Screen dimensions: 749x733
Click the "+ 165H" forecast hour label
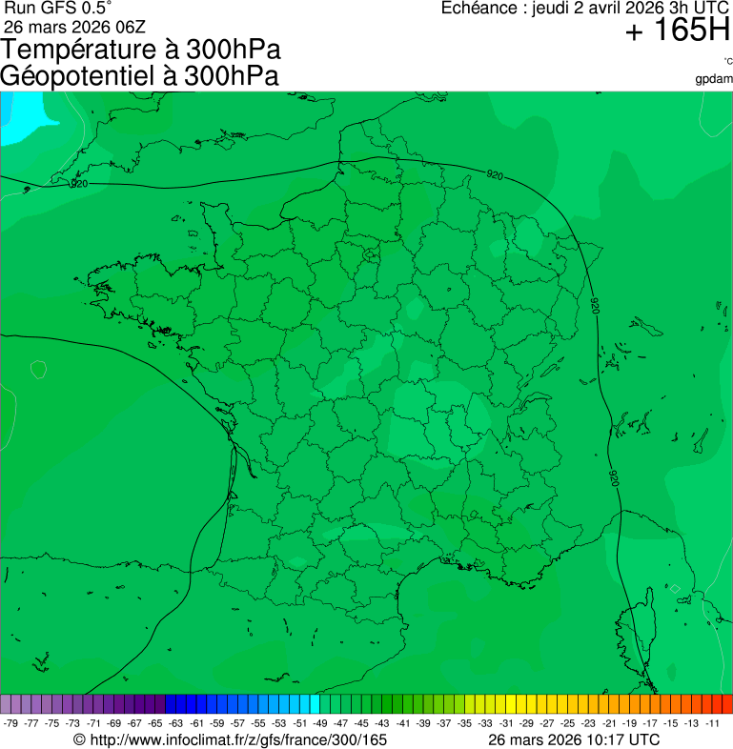(x=677, y=31)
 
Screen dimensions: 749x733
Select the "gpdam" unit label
(x=714, y=78)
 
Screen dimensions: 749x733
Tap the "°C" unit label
(x=727, y=61)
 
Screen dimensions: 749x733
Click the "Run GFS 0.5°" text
(x=58, y=9)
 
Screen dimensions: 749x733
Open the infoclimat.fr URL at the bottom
(x=238, y=739)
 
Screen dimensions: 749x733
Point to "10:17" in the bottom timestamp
(x=605, y=739)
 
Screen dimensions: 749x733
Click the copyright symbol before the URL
(x=80, y=739)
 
